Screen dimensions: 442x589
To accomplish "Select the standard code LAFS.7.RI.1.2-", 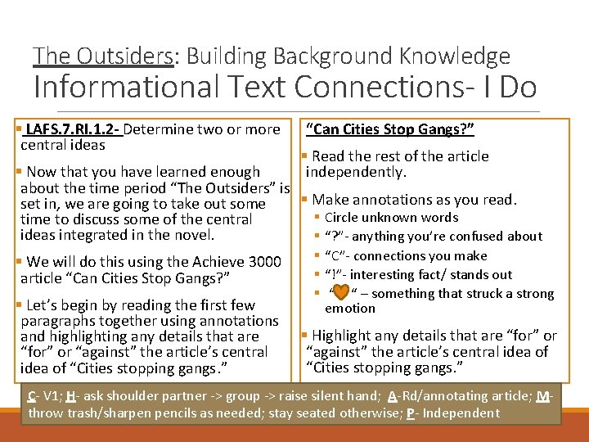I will (72, 129).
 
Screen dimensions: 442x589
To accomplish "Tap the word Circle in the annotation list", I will (344, 218).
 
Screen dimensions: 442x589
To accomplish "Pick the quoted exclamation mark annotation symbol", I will (332, 275).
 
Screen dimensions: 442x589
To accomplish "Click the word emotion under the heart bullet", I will (350, 309).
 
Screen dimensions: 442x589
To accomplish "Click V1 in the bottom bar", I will (50, 396).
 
